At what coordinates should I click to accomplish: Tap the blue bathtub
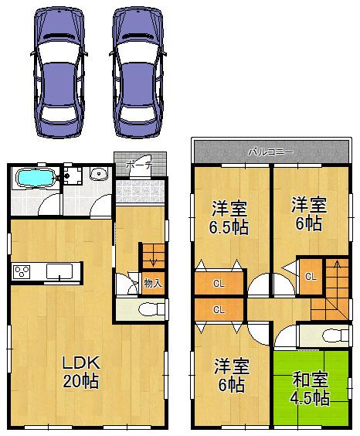[35, 179]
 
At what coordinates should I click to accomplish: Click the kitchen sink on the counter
[59, 271]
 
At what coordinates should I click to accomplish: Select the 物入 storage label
[152, 283]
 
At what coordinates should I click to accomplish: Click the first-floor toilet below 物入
[147, 309]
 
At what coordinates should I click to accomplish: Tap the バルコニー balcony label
[270, 152]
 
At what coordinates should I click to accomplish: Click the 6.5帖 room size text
[229, 228]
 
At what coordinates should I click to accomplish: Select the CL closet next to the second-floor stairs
[310, 277]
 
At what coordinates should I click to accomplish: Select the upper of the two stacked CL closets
[219, 284]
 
